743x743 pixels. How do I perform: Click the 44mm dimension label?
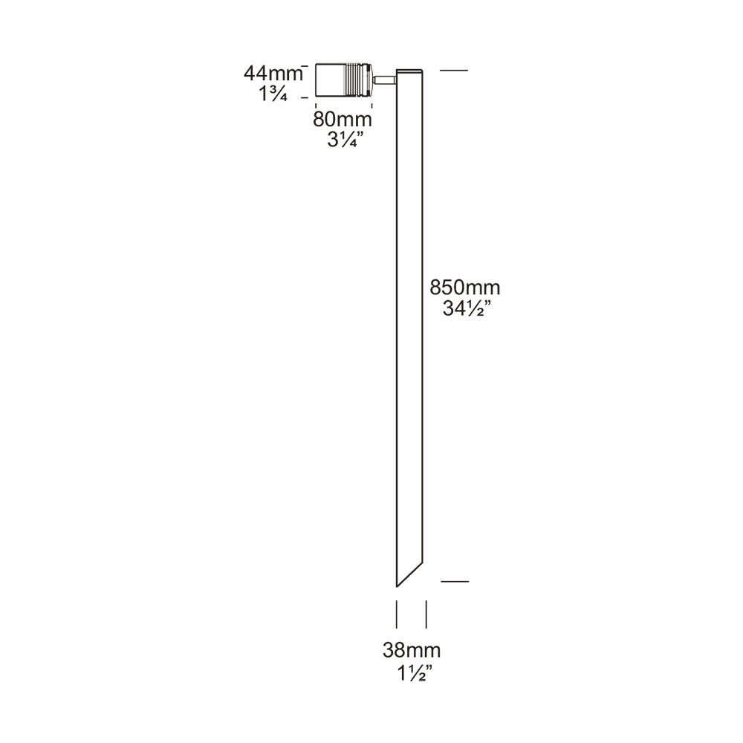273,74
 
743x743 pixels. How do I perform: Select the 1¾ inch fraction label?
273,94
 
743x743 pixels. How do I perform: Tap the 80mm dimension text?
342,119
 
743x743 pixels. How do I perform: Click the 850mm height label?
465,288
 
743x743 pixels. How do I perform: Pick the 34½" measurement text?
465,308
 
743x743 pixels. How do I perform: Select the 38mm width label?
412,650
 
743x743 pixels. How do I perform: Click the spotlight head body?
343,80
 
